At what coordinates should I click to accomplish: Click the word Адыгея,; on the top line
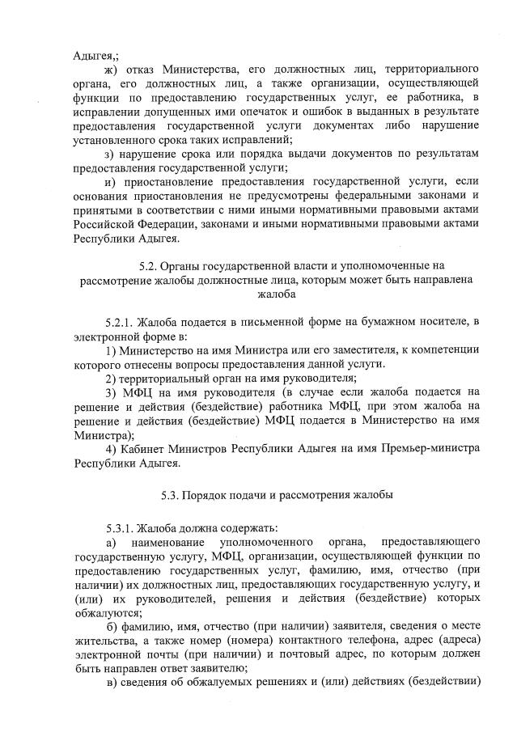96,56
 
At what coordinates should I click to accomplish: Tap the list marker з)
112,154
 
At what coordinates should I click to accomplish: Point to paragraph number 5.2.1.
123,322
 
